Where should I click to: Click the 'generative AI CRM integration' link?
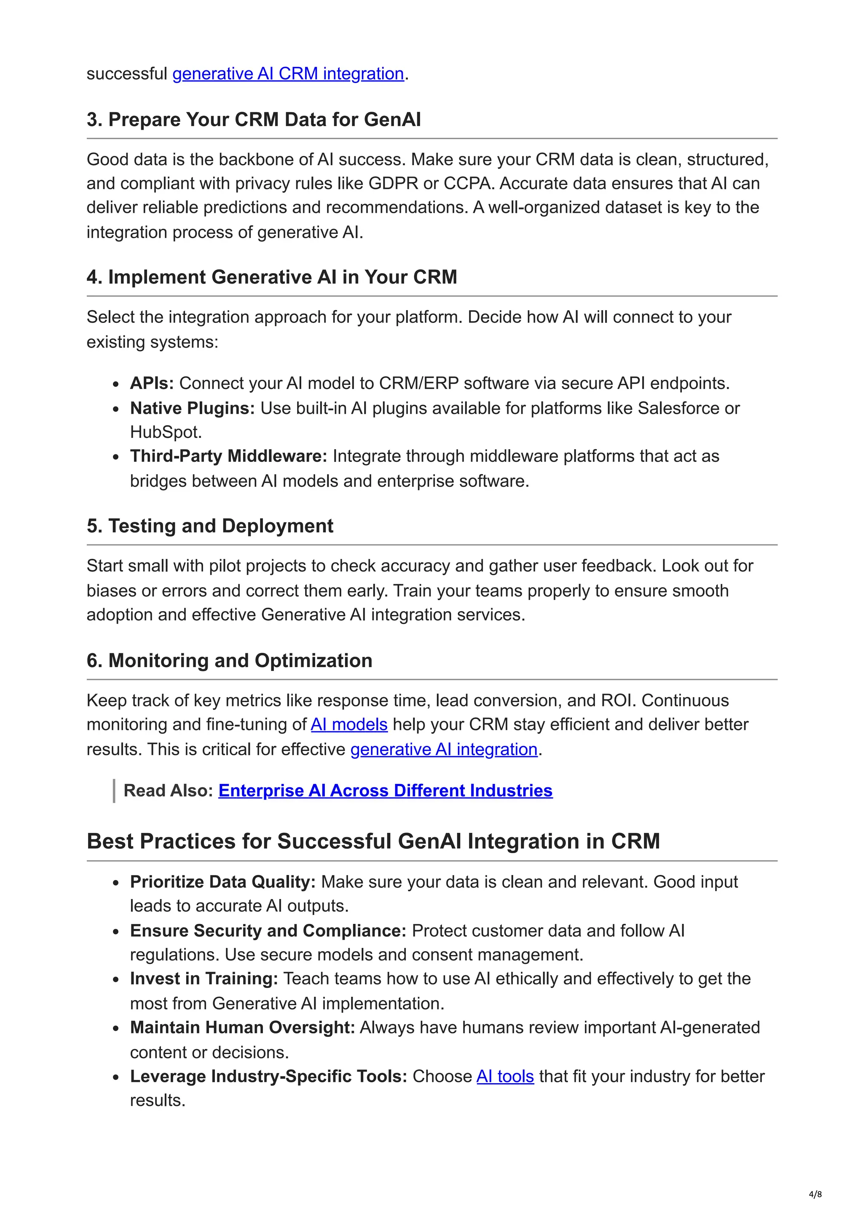point(288,73)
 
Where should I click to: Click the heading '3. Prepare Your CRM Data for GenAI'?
point(254,120)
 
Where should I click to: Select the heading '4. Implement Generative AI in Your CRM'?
point(272,277)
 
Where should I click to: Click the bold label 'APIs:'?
point(152,384)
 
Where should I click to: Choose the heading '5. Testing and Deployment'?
point(210,526)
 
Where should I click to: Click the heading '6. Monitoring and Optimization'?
point(229,660)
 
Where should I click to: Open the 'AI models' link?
point(349,725)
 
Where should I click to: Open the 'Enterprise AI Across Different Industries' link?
point(386,791)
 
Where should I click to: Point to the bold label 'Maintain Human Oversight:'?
point(242,1028)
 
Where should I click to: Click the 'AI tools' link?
point(505,1076)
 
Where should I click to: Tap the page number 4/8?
point(815,1194)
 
